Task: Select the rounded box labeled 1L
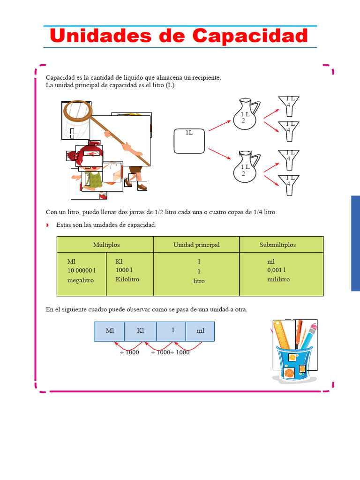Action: pos(189,141)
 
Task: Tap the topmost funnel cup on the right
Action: pos(289,105)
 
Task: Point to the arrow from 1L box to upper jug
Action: pos(219,125)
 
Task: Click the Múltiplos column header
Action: pos(106,245)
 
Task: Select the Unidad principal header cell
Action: pos(196,245)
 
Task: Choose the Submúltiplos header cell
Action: pos(277,245)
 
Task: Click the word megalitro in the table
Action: pos(80,280)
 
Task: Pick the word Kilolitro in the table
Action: pos(127,279)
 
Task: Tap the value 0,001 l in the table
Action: pos(277,270)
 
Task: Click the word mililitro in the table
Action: pos(278,279)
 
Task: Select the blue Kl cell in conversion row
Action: pos(140,331)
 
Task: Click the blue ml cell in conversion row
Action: pos(200,331)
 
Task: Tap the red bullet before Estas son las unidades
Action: pos(47,225)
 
